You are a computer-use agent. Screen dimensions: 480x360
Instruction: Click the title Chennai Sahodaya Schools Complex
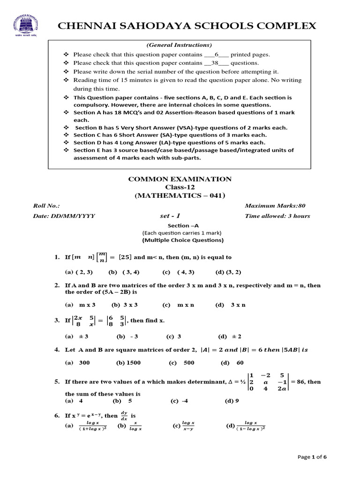tap(187, 26)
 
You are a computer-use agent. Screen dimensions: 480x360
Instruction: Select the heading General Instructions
tap(180, 45)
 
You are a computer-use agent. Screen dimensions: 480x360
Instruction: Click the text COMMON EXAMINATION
tap(180, 179)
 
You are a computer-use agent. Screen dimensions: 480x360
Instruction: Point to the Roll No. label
tap(46, 206)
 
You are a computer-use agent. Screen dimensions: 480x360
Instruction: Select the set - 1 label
tap(170, 216)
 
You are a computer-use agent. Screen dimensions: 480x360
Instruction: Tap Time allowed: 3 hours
tap(277, 216)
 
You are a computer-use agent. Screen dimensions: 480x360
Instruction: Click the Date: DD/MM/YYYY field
tap(64, 216)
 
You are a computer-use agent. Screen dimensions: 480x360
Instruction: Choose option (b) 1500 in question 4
tap(128, 363)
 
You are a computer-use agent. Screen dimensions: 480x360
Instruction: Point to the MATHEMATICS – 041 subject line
tap(180, 195)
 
